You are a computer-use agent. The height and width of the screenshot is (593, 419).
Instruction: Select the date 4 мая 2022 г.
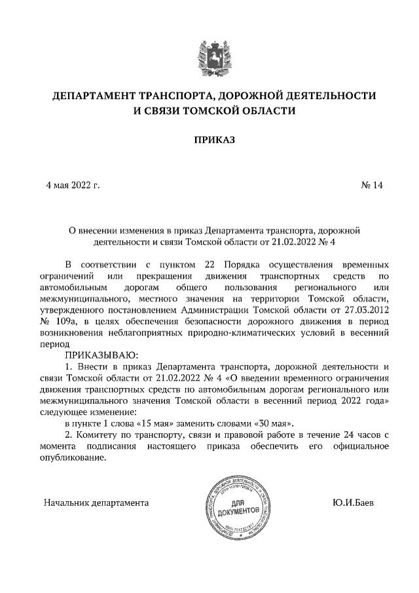point(72,185)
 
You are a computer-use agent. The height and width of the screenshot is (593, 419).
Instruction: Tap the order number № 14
point(371,185)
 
